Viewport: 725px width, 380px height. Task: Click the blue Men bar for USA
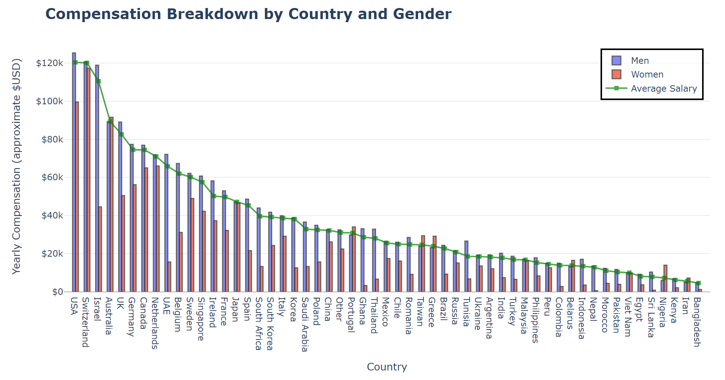pos(74,172)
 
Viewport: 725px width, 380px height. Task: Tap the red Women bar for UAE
pos(169,277)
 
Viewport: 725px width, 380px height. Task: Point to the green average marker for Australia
pos(110,121)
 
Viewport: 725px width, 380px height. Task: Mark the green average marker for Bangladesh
pos(698,283)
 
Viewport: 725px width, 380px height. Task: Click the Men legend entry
pos(639,61)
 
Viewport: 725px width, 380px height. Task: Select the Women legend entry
pos(647,74)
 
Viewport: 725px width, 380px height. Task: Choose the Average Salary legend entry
pos(664,89)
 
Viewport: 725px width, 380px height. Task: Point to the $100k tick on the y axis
pos(50,101)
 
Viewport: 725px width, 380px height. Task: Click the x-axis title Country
pos(387,367)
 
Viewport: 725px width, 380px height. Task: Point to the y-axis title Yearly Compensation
pos(16,166)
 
